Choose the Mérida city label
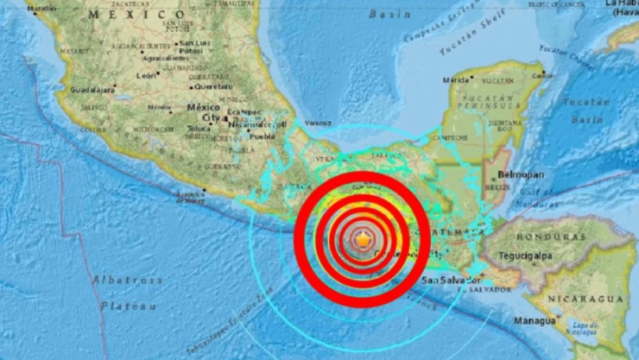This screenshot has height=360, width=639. pyautogui.click(x=455, y=79)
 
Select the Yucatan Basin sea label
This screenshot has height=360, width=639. pyautogui.click(x=585, y=111)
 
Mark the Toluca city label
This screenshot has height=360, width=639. pyautogui.click(x=199, y=127)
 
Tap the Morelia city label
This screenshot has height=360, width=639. pyautogui.click(x=159, y=107)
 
